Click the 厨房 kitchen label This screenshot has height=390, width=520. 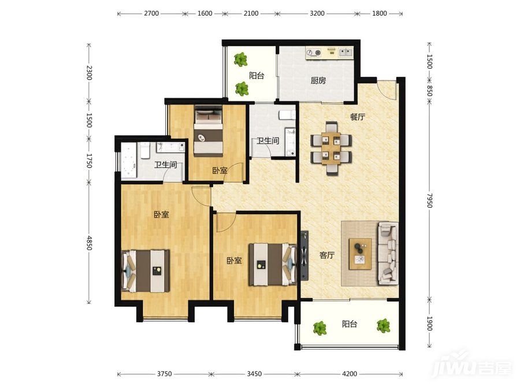318,80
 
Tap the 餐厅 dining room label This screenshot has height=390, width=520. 358,117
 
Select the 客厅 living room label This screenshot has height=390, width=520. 326,255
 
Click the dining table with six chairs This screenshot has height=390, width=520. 331,148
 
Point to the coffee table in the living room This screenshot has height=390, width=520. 360,254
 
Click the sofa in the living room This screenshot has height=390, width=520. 388,253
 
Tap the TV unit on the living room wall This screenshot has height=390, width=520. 304,255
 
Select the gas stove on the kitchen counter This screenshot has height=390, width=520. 314,53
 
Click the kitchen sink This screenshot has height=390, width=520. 346,52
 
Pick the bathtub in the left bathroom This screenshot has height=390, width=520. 129,161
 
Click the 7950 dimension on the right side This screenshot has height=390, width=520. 429,200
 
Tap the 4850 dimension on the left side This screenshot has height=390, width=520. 89,243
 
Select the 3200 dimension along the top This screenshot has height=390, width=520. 317,14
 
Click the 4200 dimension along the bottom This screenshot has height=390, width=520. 350,374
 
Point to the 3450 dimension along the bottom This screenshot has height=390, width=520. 254,374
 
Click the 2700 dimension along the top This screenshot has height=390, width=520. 151,14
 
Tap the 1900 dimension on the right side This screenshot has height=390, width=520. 429,324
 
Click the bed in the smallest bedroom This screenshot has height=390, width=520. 208,131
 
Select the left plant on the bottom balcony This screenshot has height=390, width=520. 320,328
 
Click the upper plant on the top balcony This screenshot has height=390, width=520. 240,60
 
